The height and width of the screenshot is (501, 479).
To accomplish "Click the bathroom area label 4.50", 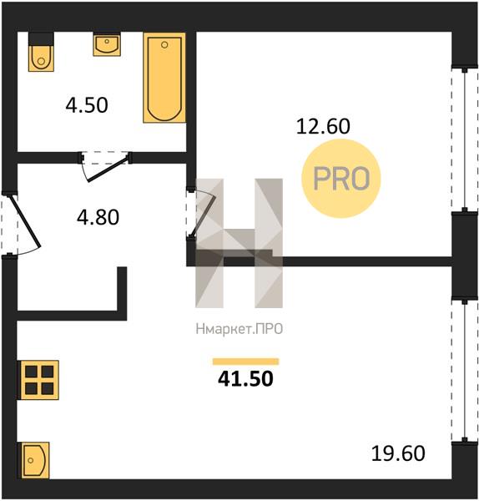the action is (x=87, y=105).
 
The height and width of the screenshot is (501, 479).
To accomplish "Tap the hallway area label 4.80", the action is (x=98, y=217).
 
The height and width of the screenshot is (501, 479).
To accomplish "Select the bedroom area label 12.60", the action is (x=323, y=126).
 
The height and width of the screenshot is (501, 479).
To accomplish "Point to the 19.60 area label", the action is (x=398, y=453).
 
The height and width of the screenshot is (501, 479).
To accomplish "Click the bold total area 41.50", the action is (x=245, y=379).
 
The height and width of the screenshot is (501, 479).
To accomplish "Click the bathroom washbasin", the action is (x=107, y=44).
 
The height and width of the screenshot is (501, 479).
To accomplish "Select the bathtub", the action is (x=164, y=78).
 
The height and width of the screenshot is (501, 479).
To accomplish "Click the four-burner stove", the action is (x=39, y=380).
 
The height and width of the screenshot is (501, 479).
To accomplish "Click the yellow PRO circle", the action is (x=341, y=179).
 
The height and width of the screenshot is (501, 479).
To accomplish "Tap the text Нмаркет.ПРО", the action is (x=239, y=329).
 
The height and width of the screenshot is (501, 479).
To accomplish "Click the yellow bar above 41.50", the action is (x=245, y=362).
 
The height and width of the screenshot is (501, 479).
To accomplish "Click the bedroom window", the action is (x=465, y=139).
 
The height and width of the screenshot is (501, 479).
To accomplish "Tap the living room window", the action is (x=465, y=371).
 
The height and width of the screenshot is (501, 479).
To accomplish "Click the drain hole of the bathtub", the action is (x=164, y=45).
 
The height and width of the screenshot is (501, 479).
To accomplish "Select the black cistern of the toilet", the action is (x=41, y=38).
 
